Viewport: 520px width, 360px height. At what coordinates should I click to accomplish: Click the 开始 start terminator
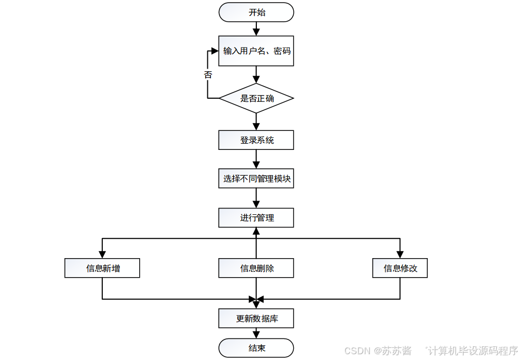pyautogui.click(x=256, y=12)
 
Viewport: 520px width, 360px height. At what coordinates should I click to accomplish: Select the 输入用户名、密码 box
pyautogui.click(x=256, y=51)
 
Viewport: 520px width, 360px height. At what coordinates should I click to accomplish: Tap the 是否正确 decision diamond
pyautogui.click(x=256, y=98)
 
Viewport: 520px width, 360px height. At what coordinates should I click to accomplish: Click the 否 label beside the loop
pyautogui.click(x=208, y=74)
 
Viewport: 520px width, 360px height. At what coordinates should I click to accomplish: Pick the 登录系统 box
pyautogui.click(x=256, y=140)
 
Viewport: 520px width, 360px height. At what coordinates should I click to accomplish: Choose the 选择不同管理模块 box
pyautogui.click(x=256, y=179)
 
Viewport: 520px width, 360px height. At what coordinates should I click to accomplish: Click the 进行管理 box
pyautogui.click(x=256, y=217)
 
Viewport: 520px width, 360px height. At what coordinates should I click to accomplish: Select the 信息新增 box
pyautogui.click(x=102, y=268)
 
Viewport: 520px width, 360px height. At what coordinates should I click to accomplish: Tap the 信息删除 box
pyautogui.click(x=256, y=268)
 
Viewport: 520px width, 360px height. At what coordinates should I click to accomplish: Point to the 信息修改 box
pyautogui.click(x=400, y=268)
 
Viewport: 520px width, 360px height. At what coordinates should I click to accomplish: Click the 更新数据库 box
pyautogui.click(x=256, y=318)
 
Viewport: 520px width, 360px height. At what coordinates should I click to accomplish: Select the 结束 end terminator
pyautogui.click(x=256, y=348)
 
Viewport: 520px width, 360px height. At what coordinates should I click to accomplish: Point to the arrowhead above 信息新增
pyautogui.click(x=102, y=254)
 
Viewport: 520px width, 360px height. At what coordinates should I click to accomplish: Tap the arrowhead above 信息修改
pyautogui.click(x=400, y=254)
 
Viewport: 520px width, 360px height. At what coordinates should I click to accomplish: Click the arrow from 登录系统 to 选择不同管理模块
pyautogui.click(x=256, y=159)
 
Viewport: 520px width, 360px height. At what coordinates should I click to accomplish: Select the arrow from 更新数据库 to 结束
pyautogui.click(x=256, y=333)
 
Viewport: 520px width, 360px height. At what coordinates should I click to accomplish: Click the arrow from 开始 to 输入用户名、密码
pyautogui.click(x=256, y=29)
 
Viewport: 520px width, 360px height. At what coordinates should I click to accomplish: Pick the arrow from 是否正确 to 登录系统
pyautogui.click(x=256, y=122)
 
